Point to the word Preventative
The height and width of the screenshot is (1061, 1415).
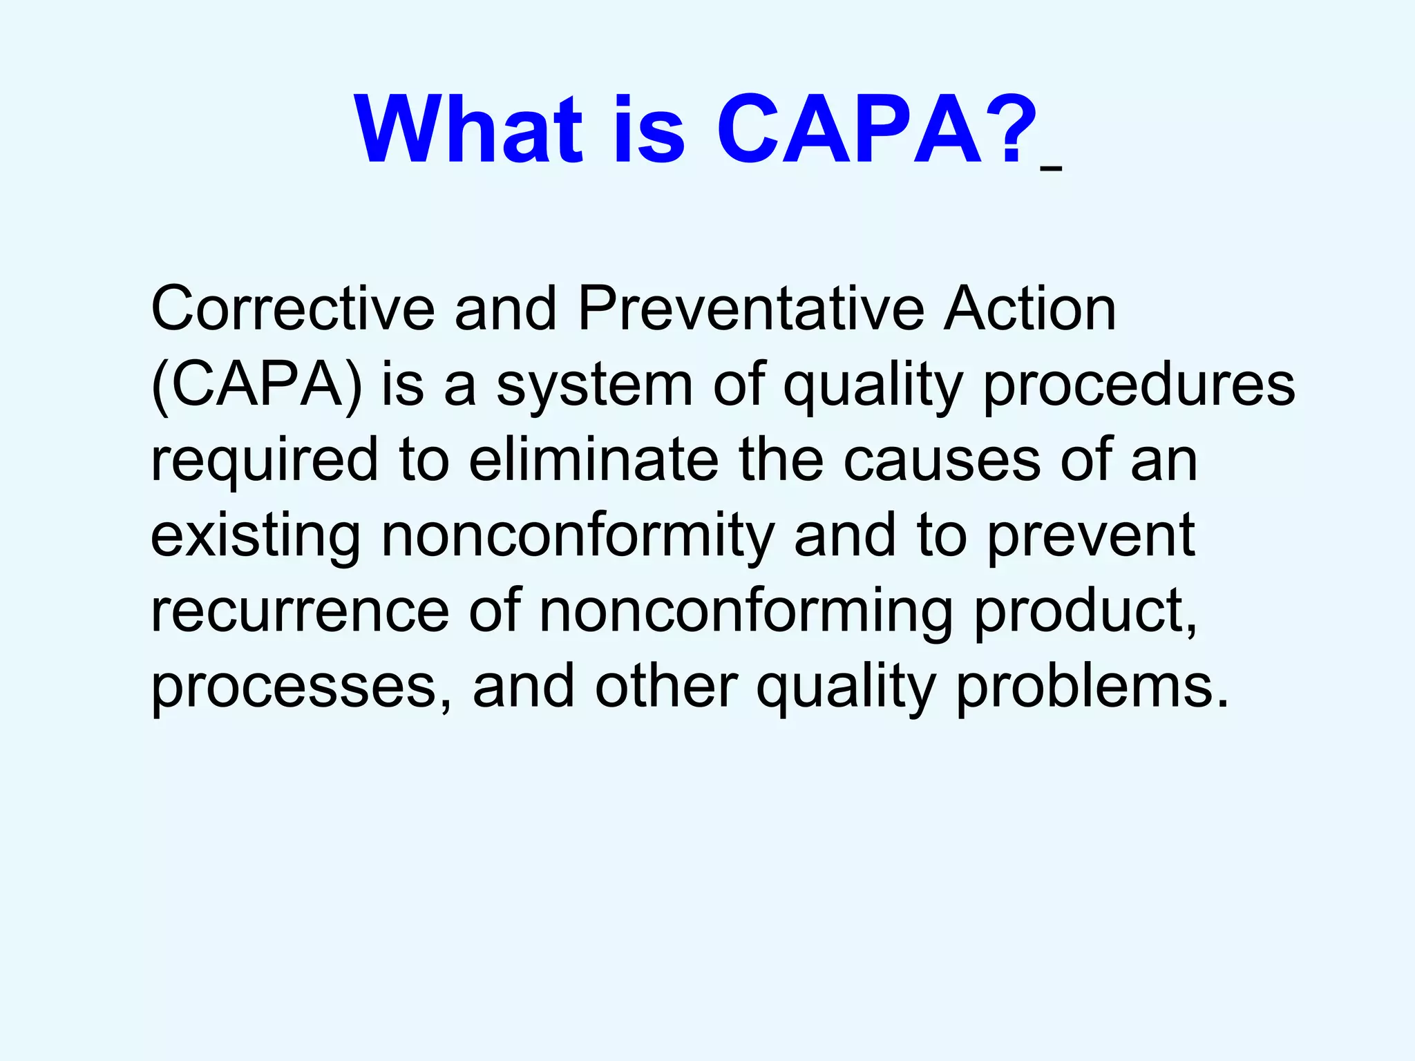tap(750, 309)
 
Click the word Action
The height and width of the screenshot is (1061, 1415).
tap(1029, 309)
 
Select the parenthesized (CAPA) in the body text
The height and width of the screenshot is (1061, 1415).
tap(256, 385)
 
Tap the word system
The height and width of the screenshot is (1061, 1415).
tap(595, 385)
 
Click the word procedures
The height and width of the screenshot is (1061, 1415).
tap(1139, 385)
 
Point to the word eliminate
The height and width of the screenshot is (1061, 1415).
tap(594, 460)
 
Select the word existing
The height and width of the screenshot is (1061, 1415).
tap(256, 537)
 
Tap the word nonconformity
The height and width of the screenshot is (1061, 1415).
tap(578, 537)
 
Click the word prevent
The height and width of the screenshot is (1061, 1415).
tap(1091, 537)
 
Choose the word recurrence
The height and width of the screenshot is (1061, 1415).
tap(301, 611)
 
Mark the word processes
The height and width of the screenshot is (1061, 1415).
tap(301, 688)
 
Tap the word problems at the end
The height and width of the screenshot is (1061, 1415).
tap(1092, 688)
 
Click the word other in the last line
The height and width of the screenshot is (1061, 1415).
tap(666, 687)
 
